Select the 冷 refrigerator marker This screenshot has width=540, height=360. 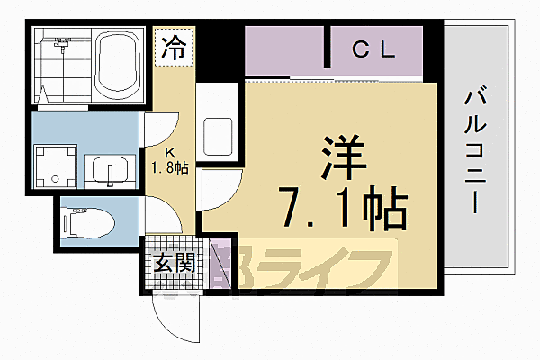[173, 48]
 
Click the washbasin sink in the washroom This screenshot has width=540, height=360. [111, 169]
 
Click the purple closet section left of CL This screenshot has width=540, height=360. [285, 51]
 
